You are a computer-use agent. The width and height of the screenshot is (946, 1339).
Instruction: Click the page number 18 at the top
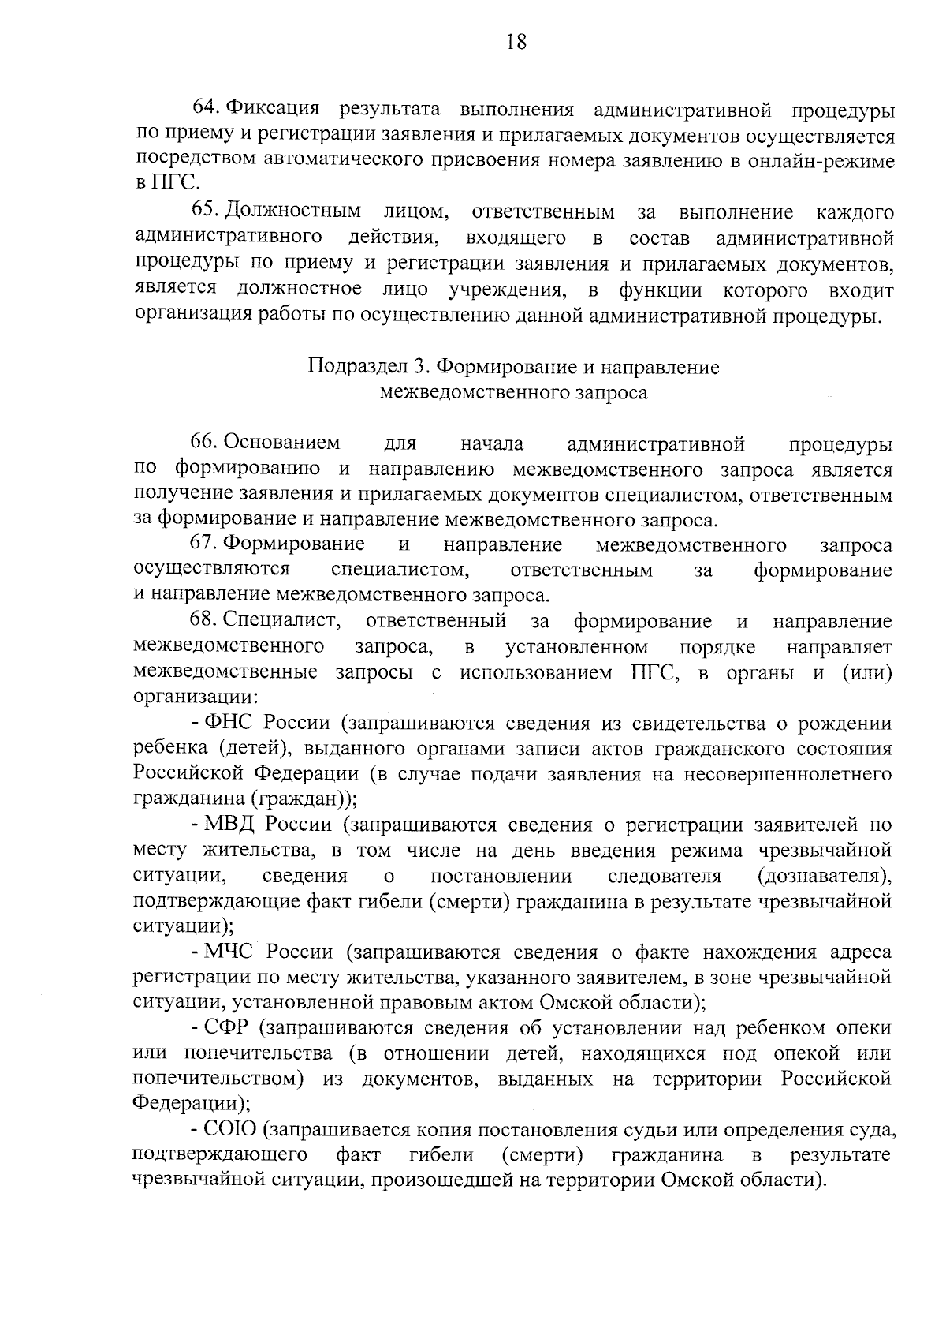point(516,42)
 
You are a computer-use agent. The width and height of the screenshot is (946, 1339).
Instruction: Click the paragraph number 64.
point(207,108)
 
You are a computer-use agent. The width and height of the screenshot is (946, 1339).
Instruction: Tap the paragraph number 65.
point(207,211)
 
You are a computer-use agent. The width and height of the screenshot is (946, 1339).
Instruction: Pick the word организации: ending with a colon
point(195,698)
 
